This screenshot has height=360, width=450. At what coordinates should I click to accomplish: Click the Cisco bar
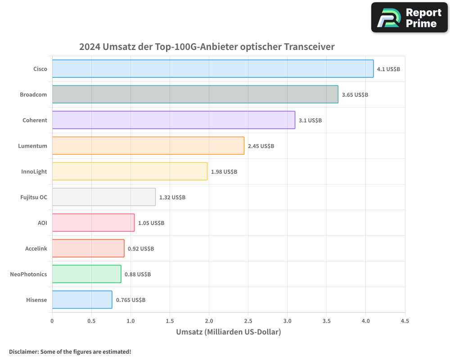[x=212, y=69]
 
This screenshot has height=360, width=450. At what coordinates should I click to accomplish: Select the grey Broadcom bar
[x=195, y=94]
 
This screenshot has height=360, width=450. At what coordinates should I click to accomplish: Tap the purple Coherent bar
[x=173, y=120]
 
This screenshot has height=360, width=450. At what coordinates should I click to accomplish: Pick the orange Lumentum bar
[x=148, y=146]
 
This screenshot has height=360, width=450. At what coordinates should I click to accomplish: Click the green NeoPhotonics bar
[x=86, y=274]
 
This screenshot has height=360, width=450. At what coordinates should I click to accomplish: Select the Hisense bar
[x=82, y=300]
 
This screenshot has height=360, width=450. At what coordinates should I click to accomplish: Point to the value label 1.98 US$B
[x=224, y=172]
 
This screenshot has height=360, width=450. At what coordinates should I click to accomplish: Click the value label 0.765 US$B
[x=130, y=300]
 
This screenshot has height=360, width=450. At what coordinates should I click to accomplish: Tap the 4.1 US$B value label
[x=388, y=69]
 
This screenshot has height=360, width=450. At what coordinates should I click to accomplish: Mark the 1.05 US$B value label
[x=151, y=223]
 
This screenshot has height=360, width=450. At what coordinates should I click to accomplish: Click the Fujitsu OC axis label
[x=34, y=197]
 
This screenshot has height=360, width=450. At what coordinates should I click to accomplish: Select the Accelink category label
[x=36, y=248]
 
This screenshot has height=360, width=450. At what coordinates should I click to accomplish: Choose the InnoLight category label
[x=34, y=171]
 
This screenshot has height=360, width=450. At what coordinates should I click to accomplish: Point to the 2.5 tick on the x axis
[x=248, y=321]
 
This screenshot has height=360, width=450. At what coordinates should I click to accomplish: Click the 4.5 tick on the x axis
[x=405, y=321]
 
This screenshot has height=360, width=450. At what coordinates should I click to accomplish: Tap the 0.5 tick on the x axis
[x=91, y=321]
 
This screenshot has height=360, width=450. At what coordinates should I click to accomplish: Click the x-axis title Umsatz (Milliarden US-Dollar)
[x=228, y=332]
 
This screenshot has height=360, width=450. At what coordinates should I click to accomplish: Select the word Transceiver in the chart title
[x=309, y=47]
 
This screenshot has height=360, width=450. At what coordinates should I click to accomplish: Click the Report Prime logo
[x=409, y=18]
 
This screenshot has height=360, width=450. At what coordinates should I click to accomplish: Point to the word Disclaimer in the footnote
[x=23, y=352]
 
